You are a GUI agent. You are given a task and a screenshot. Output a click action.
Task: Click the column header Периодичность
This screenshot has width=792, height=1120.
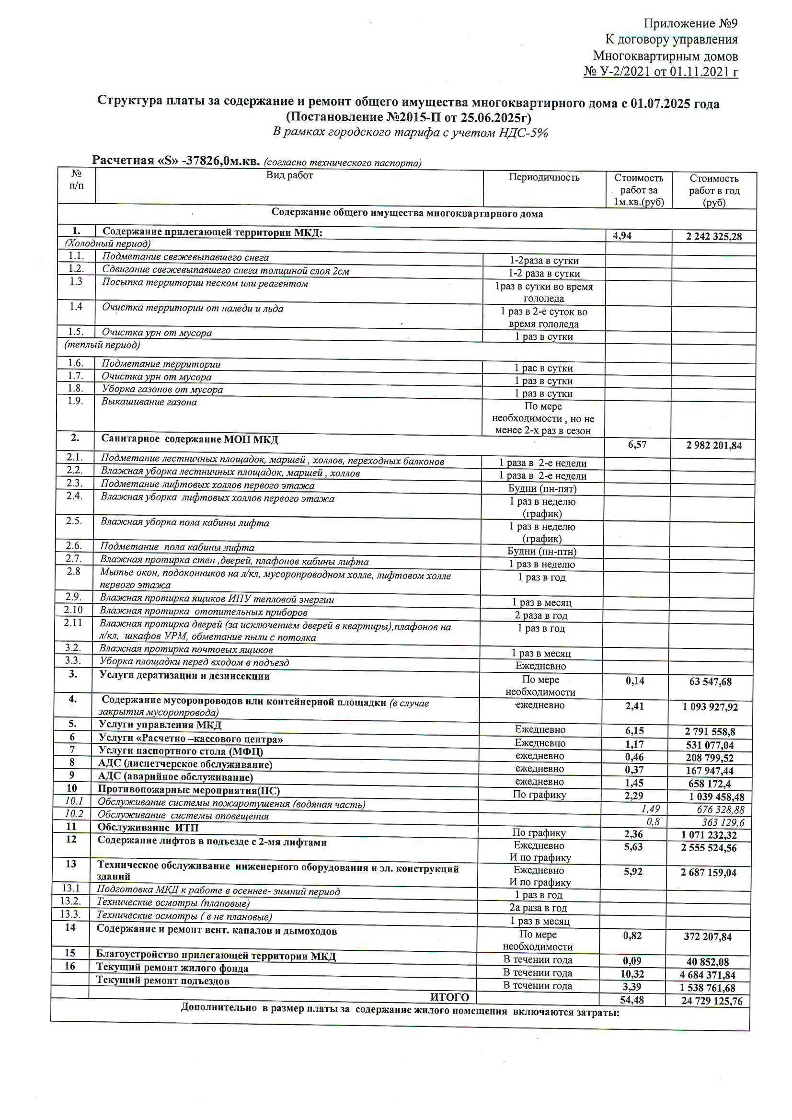[x=544, y=177]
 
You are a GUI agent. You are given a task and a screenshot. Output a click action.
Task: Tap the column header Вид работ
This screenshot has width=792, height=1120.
[x=289, y=175]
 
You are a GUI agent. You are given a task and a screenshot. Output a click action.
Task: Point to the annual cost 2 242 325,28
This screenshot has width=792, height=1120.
[x=713, y=237]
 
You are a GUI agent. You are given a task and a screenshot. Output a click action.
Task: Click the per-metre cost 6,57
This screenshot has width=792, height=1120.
[x=637, y=445]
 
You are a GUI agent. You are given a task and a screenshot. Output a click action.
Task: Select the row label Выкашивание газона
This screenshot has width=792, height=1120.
[x=149, y=402]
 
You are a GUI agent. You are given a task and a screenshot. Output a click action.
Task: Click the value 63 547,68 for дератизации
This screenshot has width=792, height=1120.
[x=710, y=682]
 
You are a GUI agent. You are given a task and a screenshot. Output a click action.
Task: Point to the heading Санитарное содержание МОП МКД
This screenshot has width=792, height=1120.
[x=190, y=439]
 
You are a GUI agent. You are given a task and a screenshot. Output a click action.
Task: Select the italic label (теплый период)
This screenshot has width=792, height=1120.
[x=103, y=345]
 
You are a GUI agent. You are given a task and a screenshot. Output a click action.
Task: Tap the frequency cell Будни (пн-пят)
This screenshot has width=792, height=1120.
[x=542, y=489]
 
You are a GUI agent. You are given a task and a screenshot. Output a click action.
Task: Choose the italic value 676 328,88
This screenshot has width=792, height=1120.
[x=720, y=810]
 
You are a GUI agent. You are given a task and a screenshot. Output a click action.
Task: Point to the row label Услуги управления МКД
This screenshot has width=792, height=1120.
[x=160, y=725]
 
